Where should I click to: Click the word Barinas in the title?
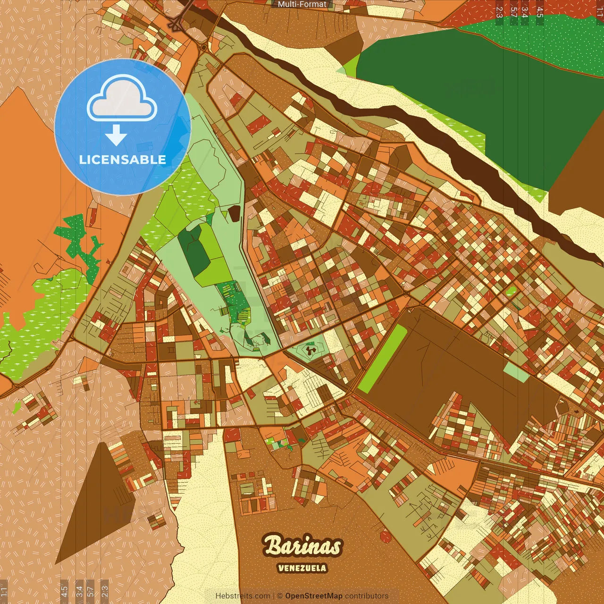[x=302, y=546]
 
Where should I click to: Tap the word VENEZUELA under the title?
[x=302, y=568]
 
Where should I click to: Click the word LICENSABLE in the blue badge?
[x=123, y=159]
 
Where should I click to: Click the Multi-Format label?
[x=302, y=4]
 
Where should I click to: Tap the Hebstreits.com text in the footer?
[x=243, y=596]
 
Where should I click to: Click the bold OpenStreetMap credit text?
[x=314, y=596]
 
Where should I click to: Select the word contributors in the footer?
[x=367, y=596]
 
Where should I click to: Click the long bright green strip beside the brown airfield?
[x=383, y=359]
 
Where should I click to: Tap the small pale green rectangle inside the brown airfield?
[x=516, y=373]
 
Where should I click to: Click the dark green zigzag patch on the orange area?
[x=80, y=241]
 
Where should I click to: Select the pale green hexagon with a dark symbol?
[x=310, y=350]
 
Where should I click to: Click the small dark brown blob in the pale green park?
[x=235, y=214]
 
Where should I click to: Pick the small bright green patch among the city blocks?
[x=511, y=291]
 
